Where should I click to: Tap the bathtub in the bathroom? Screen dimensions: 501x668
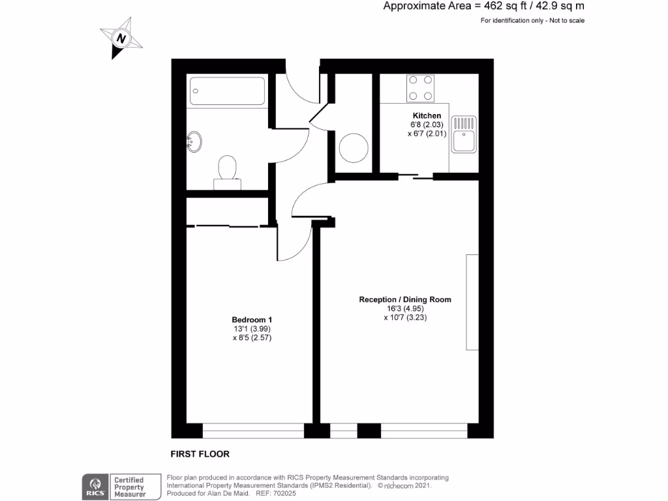coord(226,91)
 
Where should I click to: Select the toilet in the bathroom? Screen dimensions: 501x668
coord(227,171)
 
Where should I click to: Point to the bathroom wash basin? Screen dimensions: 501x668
coord(194,142)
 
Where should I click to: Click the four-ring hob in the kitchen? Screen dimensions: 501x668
coord(420,88)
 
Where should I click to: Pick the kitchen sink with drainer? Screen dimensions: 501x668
coord(464,134)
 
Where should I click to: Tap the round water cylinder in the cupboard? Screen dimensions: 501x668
coord(354,147)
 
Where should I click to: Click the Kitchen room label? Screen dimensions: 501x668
coord(427,115)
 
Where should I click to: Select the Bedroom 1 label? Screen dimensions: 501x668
coord(252,320)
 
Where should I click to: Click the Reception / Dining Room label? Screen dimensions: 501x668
coord(405,300)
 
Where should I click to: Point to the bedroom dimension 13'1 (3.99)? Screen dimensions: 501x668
coord(252,329)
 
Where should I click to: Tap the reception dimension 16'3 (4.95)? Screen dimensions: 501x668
coord(405,309)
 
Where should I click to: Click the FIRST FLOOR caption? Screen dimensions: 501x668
coord(200,454)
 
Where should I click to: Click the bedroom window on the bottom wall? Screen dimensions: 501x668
coord(253,431)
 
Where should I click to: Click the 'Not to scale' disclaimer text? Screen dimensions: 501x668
coord(565,21)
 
